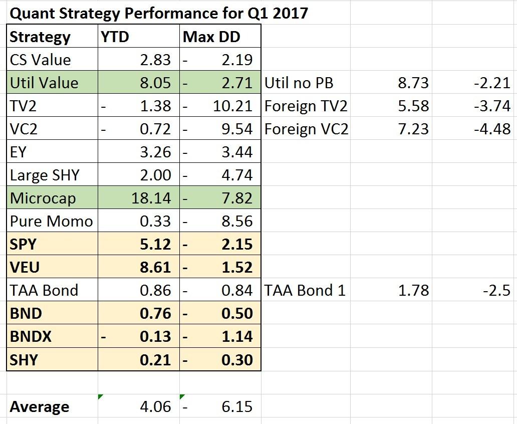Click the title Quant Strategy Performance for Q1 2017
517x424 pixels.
(x=158, y=13)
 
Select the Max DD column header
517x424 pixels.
(x=211, y=37)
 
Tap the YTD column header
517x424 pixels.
(x=115, y=37)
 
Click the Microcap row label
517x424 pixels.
(x=43, y=198)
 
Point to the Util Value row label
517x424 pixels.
(x=44, y=83)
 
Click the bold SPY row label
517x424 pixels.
(x=23, y=244)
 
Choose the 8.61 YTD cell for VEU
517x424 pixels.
(x=154, y=267)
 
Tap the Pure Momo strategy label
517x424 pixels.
(x=51, y=221)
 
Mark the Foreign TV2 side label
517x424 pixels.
(x=306, y=106)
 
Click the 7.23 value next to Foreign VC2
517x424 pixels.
(x=413, y=129)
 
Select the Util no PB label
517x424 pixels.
(x=299, y=83)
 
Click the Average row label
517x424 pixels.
(x=39, y=406)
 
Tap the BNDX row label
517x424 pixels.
(x=31, y=336)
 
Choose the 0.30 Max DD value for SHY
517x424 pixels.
(x=236, y=359)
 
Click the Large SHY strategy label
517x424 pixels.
(x=45, y=175)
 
